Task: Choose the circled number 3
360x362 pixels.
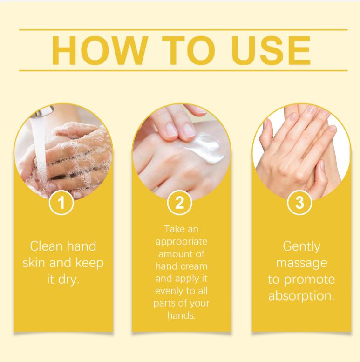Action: tap(300, 204)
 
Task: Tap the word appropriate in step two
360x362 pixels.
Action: tap(181, 242)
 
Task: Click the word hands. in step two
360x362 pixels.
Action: tap(181, 315)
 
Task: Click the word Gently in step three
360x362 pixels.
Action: tap(301, 246)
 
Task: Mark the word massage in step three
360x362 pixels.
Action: tap(301, 262)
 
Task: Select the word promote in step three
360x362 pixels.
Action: tap(313, 280)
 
